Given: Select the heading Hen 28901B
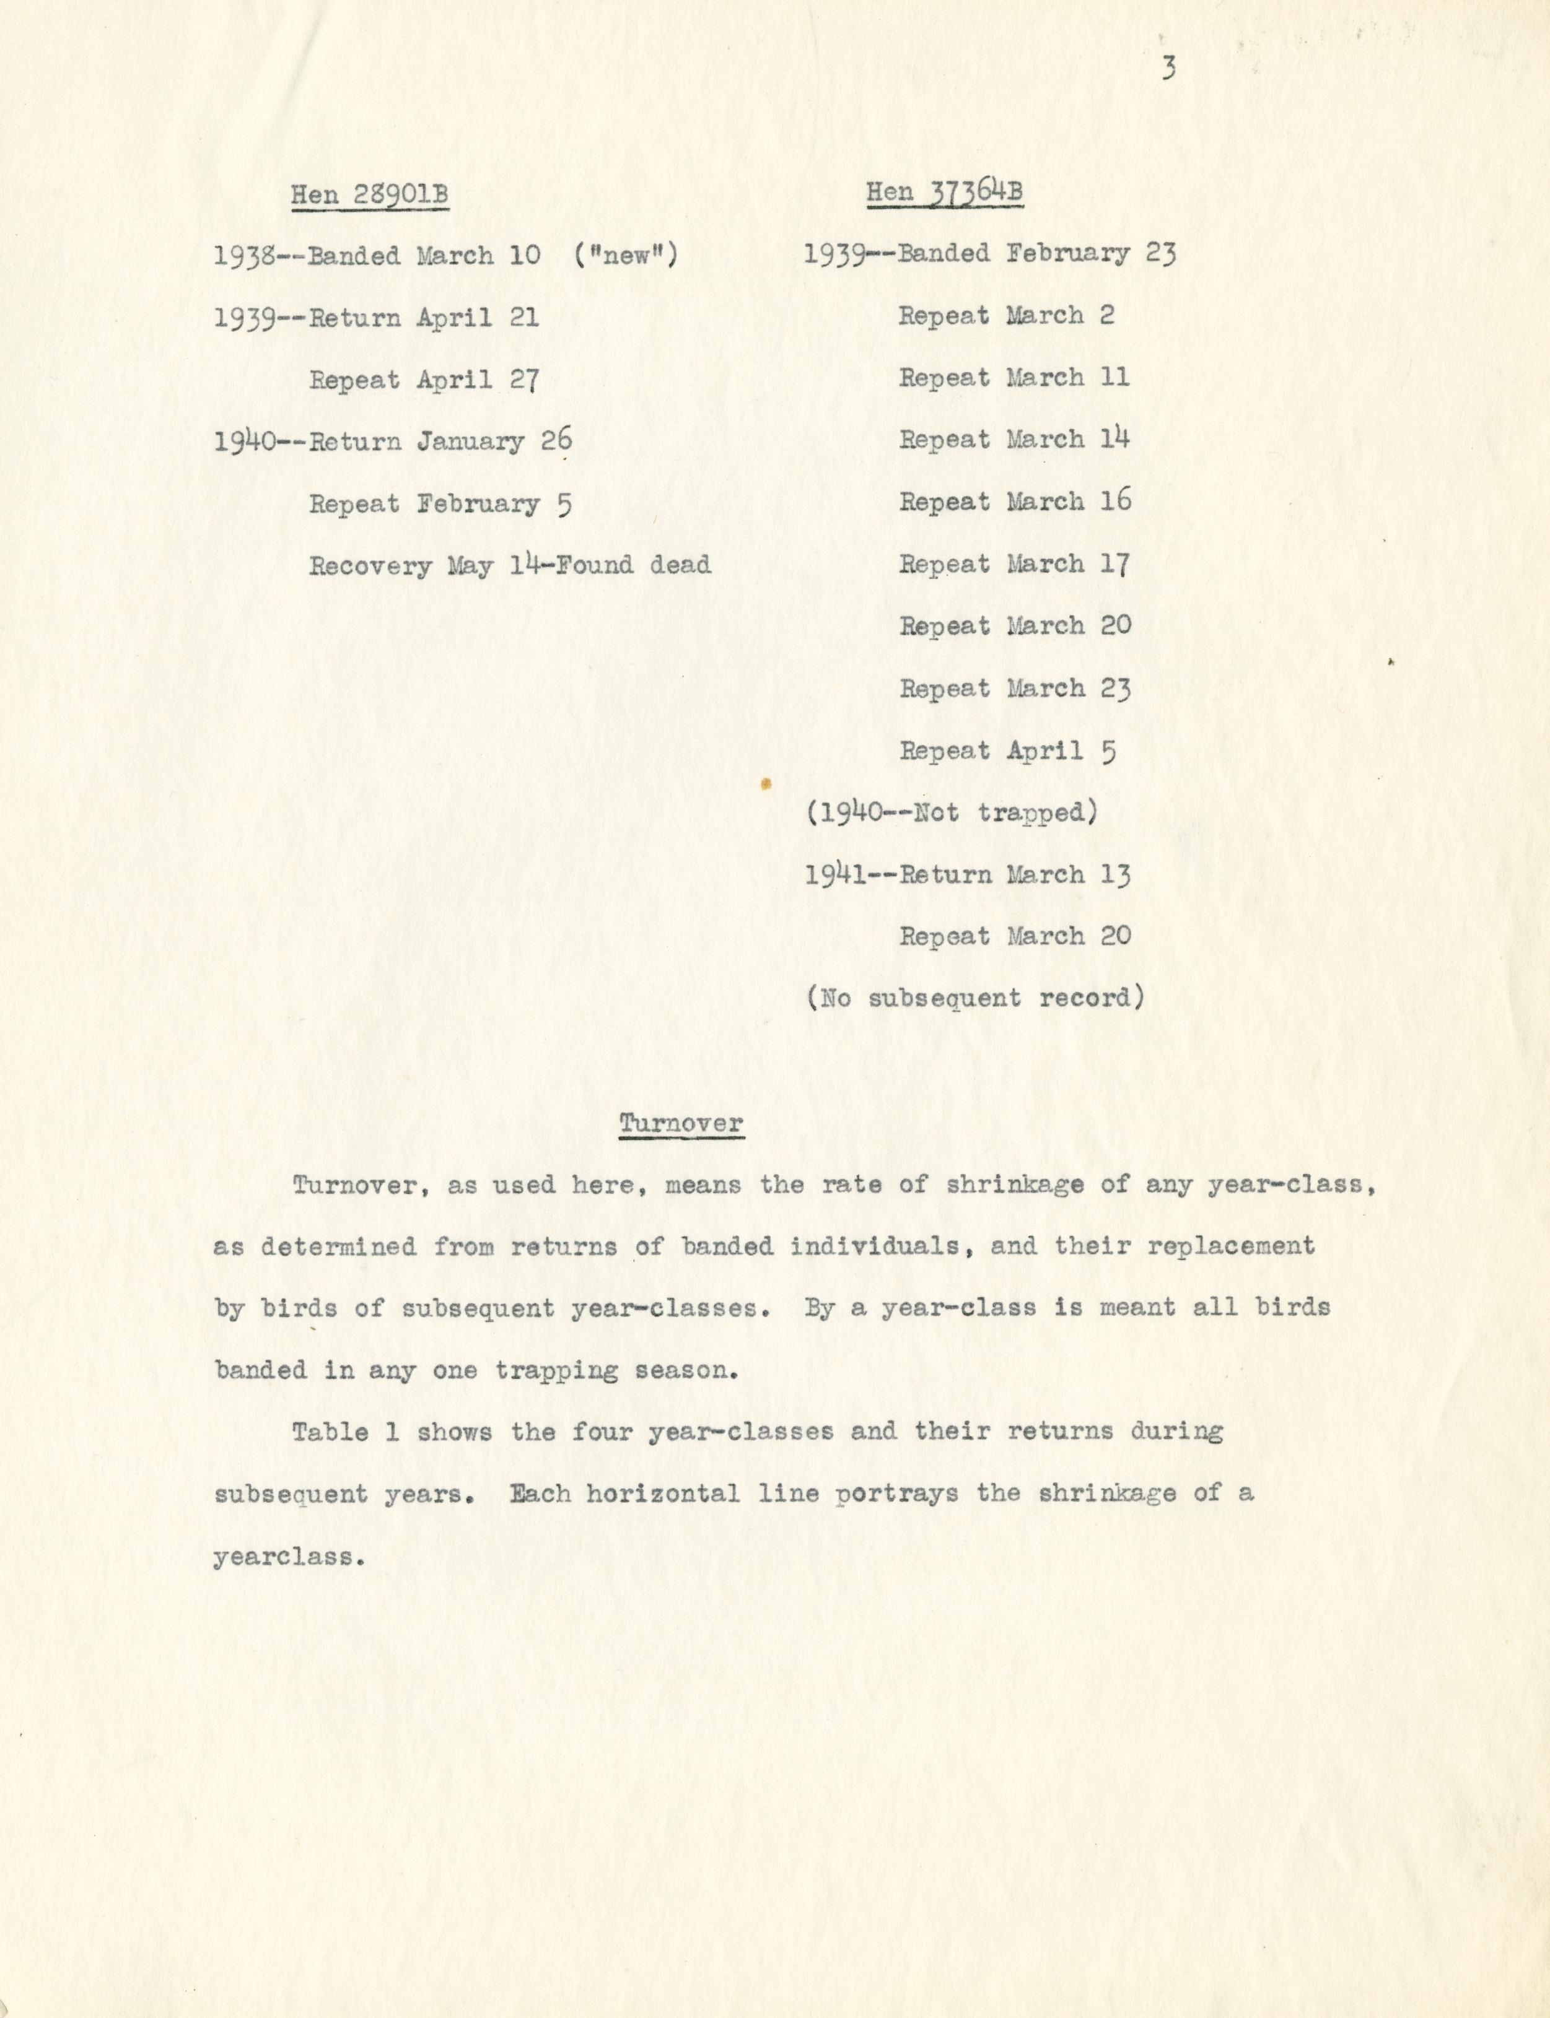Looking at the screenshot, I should click(x=370, y=196).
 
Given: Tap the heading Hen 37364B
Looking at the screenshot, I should click(x=944, y=193).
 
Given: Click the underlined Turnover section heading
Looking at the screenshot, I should click(x=681, y=1123).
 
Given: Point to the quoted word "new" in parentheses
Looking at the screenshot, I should click(x=626, y=256).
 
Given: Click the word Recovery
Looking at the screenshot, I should click(x=370, y=565).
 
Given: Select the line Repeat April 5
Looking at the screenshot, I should click(x=1007, y=752).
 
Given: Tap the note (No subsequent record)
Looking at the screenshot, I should click(x=975, y=999).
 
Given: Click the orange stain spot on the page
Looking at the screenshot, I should click(x=765, y=785).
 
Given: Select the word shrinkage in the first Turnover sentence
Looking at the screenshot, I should click(x=1015, y=1186).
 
